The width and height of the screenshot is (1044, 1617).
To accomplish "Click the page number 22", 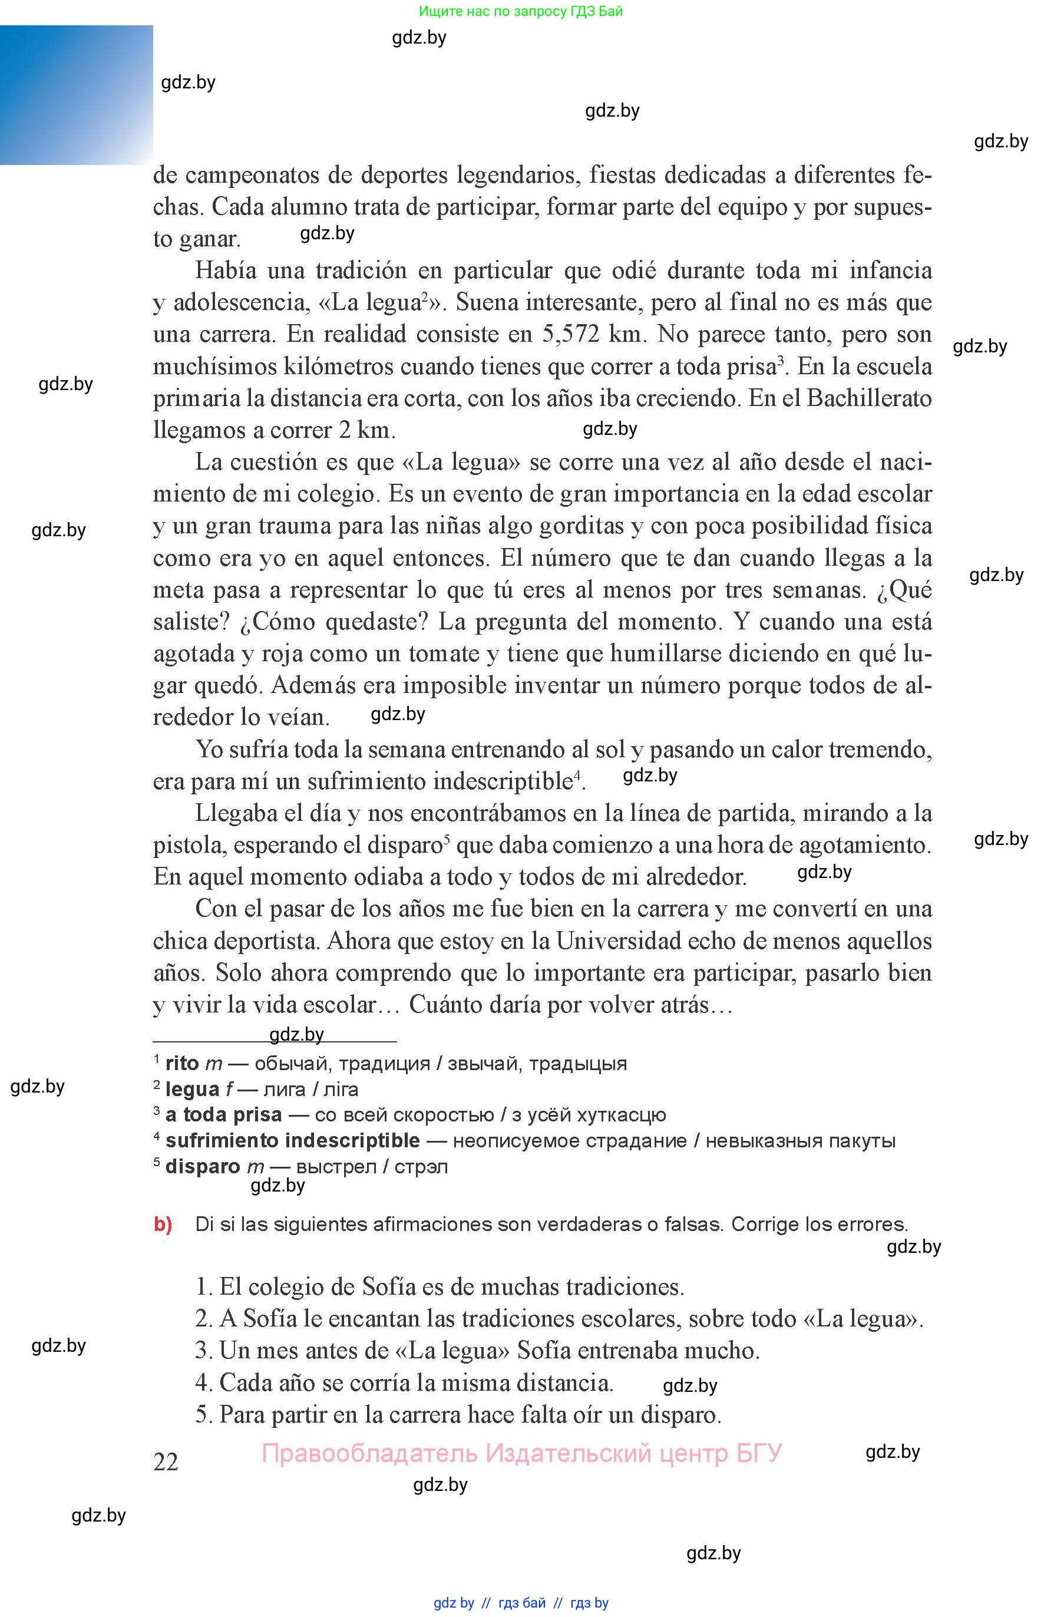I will pos(166,1462).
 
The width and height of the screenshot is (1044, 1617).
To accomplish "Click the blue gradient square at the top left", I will pos(76,95).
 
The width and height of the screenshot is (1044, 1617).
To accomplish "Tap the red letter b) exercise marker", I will pos(163,1224).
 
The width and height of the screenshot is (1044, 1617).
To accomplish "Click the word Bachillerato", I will pos(869,398).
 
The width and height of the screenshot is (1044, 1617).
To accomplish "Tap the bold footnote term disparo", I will pos(203,1166).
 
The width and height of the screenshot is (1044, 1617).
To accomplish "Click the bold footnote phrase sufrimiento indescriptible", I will pos(292,1140).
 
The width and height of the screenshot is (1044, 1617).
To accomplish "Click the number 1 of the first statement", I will pos(201,1287).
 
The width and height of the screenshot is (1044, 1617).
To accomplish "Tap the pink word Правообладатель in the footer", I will pos(369,1454).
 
